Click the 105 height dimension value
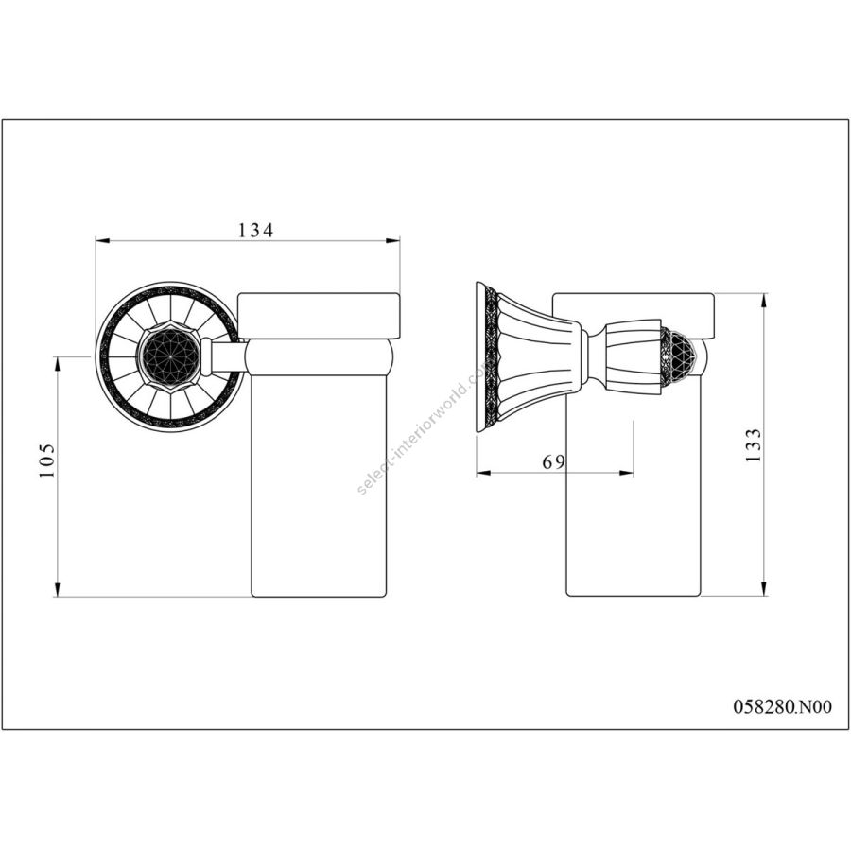[x=47, y=460]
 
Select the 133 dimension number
[x=753, y=445]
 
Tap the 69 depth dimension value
[x=554, y=461]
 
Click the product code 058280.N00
[x=782, y=706]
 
